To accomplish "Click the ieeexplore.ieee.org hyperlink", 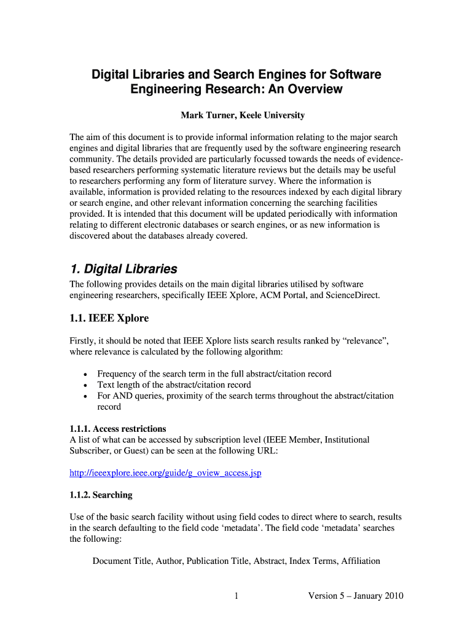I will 170,473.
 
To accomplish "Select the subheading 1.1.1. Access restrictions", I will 118,429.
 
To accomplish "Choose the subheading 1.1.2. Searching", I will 101,494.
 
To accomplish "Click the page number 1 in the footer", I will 236,596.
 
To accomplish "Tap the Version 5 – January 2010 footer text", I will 355,596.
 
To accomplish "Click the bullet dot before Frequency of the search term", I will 84,374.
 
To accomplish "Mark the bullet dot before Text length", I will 84,385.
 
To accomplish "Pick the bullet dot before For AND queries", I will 84,396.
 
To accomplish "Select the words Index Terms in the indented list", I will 311,561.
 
